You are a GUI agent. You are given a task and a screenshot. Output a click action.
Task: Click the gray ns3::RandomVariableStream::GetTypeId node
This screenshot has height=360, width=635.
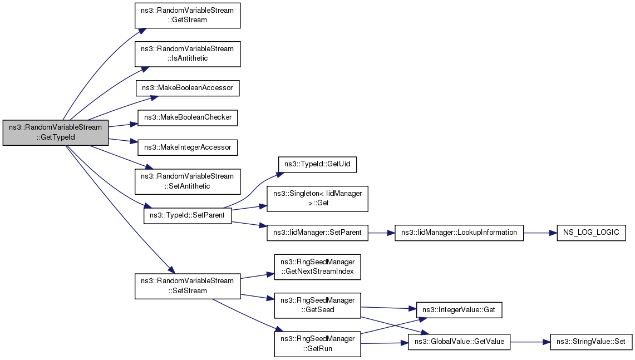click(56, 132)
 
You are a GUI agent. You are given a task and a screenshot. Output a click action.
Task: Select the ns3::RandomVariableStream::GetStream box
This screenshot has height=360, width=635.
click(188, 16)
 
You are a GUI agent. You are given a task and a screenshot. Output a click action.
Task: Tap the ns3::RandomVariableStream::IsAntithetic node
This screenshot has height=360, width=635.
click(188, 54)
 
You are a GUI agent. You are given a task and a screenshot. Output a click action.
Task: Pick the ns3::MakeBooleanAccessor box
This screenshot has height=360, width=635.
click(188, 88)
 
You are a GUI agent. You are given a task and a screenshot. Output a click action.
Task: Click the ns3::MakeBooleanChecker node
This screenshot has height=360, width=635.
click(188, 117)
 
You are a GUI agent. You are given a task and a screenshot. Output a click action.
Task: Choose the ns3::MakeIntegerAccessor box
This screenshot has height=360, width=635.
click(188, 147)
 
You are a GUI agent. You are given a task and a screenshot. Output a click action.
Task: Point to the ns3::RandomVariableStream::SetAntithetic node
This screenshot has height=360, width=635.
click(188, 181)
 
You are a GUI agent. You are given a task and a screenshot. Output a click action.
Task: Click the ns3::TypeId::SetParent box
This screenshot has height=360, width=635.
click(188, 215)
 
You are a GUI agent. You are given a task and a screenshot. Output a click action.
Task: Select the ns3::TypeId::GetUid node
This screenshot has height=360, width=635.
click(317, 164)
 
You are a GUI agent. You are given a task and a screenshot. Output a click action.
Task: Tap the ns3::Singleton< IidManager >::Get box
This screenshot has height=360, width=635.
click(317, 199)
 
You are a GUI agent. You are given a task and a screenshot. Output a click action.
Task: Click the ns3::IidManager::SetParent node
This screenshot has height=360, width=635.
click(317, 233)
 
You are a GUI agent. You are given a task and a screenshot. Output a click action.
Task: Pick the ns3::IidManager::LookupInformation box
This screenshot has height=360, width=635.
click(459, 233)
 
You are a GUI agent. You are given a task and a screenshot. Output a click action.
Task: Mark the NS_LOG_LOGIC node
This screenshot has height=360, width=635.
click(591, 233)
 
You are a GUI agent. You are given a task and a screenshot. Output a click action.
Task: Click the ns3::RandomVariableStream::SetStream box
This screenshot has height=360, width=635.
click(188, 286)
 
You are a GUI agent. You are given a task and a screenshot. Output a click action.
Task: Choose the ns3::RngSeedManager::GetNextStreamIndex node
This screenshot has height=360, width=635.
click(317, 267)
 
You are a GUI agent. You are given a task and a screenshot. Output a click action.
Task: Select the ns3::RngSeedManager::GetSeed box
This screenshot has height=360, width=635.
click(317, 305)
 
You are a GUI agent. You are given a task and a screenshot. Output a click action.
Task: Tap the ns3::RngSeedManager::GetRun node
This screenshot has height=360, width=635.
click(317, 344)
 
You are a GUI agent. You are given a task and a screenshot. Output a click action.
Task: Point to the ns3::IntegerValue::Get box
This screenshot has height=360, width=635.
click(459, 310)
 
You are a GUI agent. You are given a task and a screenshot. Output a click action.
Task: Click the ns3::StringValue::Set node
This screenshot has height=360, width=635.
click(591, 342)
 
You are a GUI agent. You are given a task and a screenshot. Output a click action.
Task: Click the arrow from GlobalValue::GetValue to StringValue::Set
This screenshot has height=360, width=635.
click(530, 342)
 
